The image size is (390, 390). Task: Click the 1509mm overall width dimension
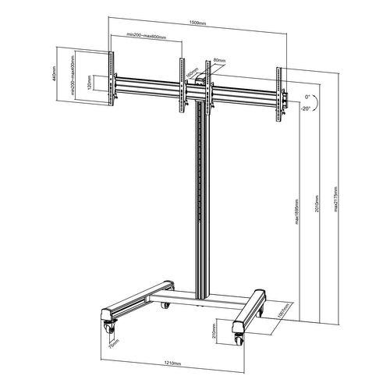coord(196,23)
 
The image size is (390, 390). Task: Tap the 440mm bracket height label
coord(60,71)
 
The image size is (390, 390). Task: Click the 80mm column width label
coord(218,60)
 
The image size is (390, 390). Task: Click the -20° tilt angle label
coord(307,109)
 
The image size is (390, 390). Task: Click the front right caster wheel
coord(237,339)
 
